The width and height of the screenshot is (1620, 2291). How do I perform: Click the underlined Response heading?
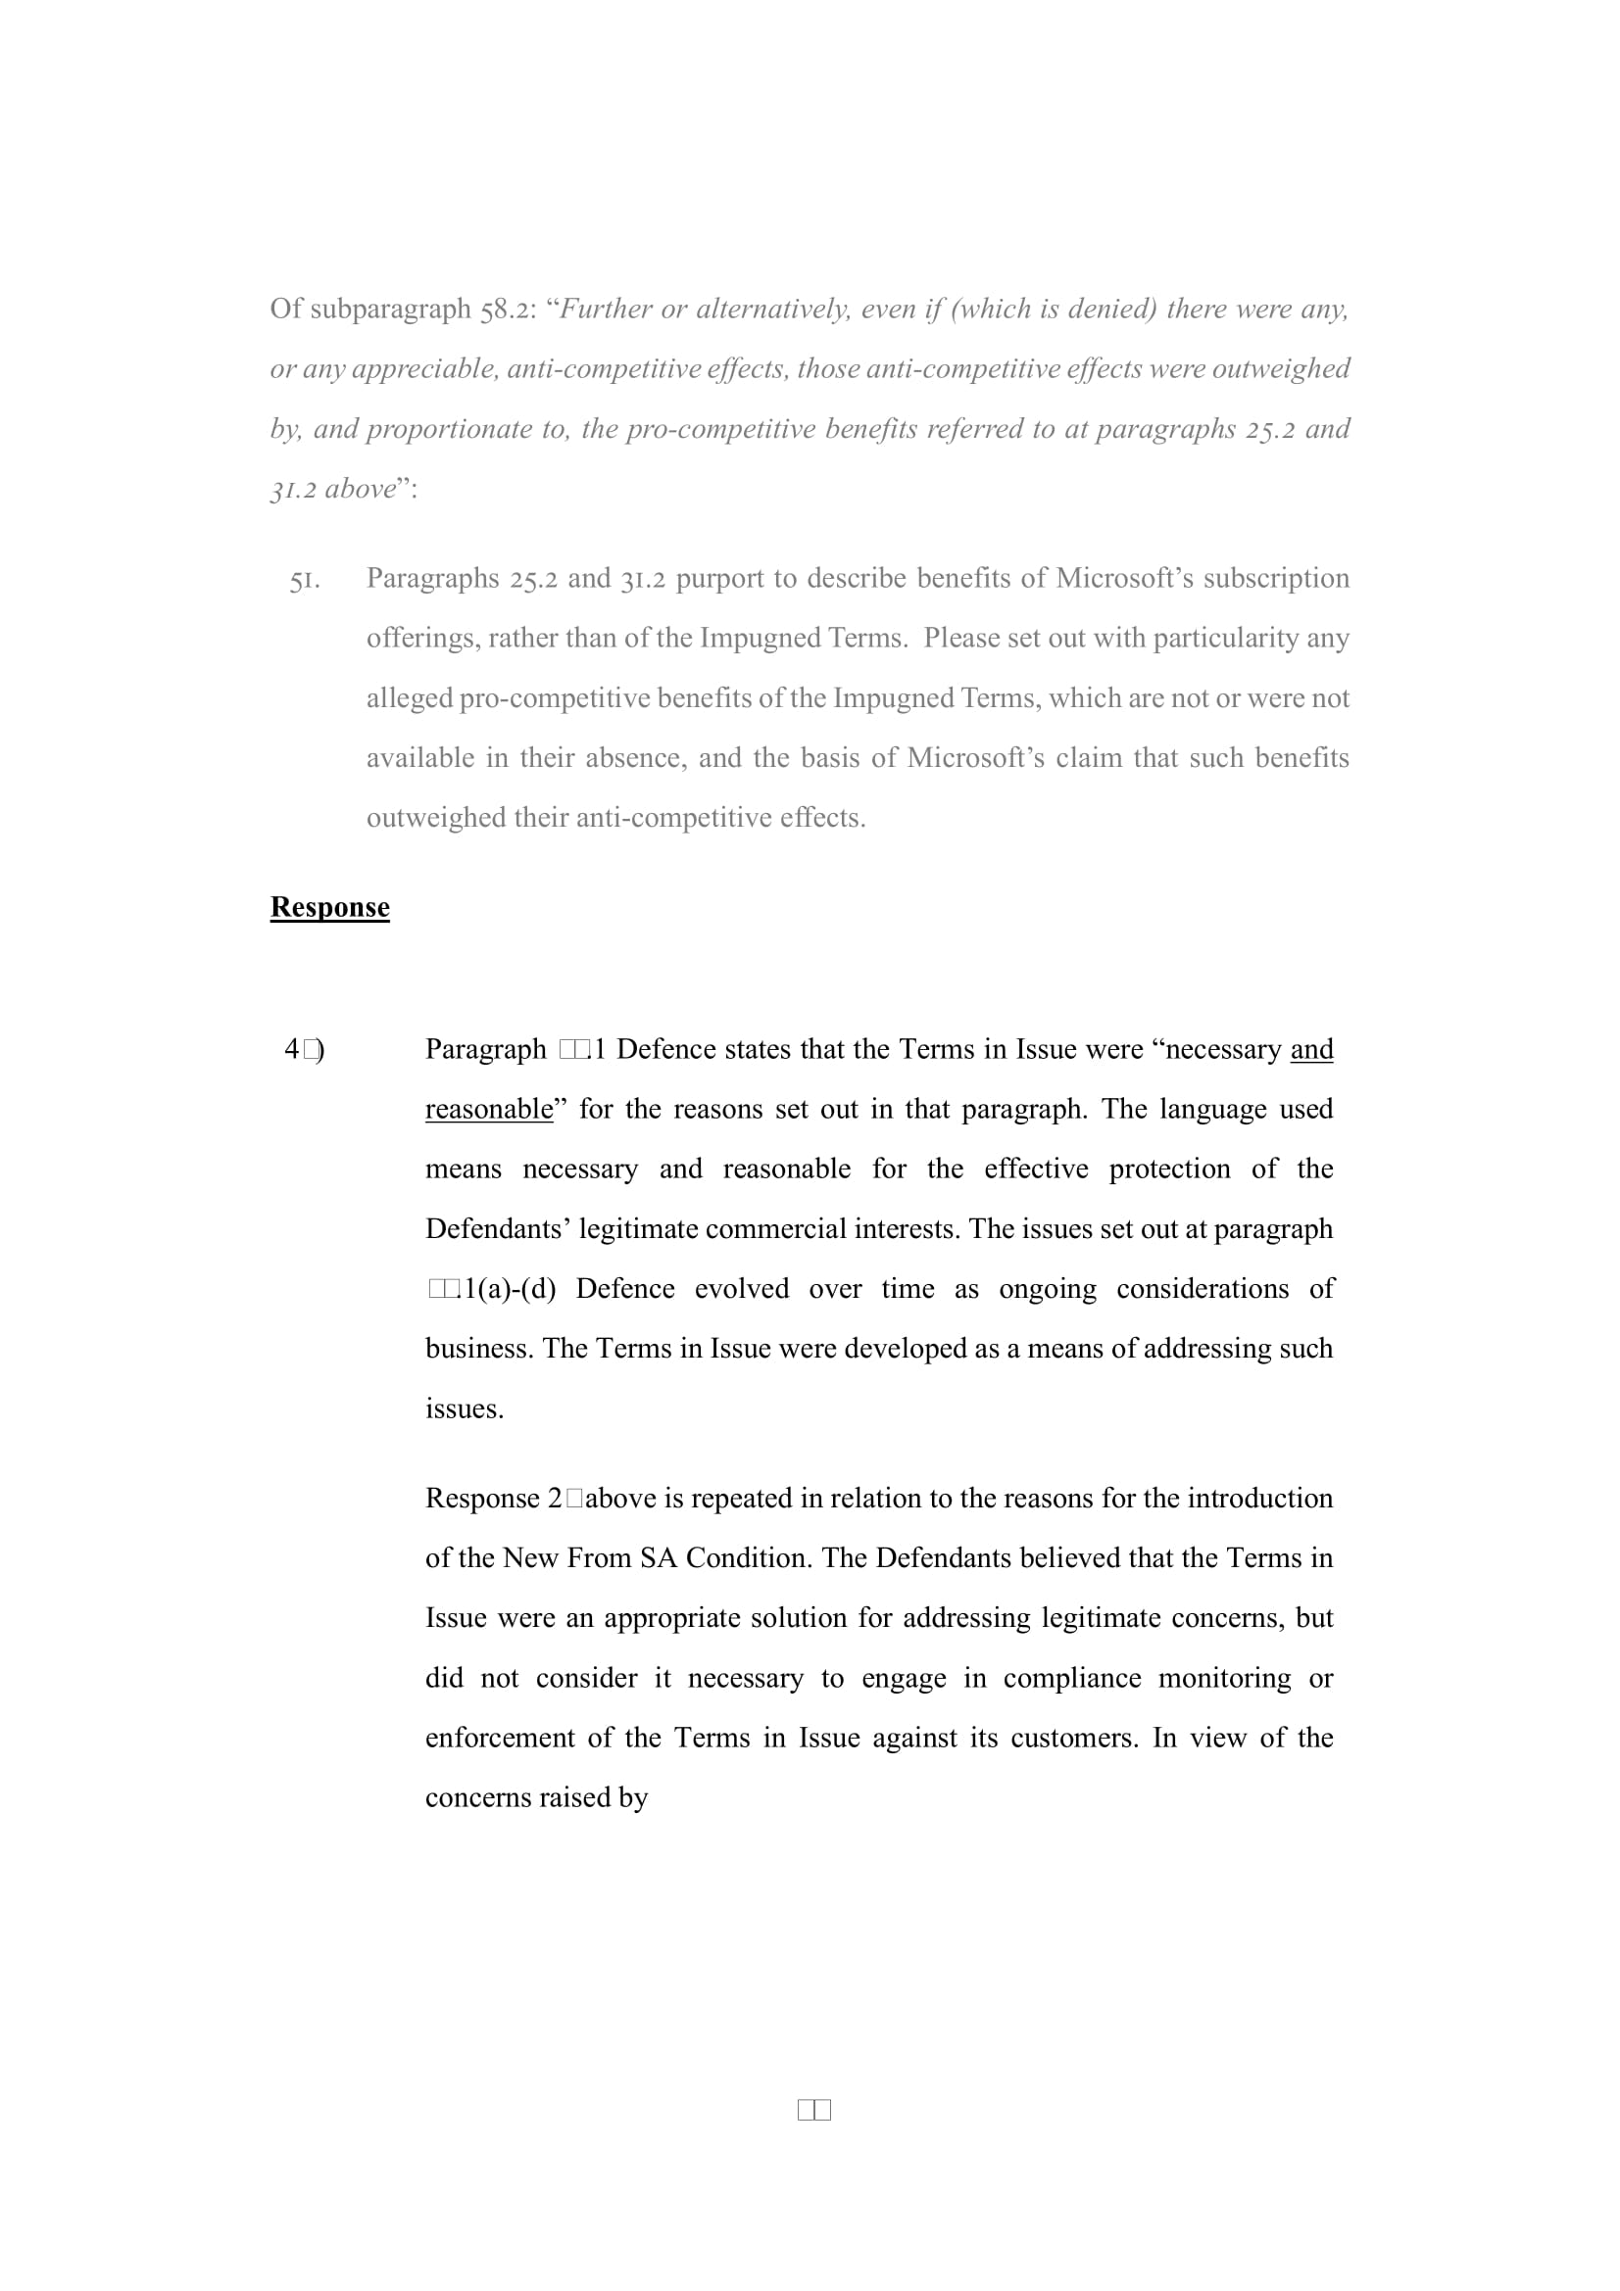click(x=329, y=907)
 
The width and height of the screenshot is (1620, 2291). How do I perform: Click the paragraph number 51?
click(x=305, y=580)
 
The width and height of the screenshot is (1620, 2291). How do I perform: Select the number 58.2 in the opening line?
click(x=508, y=310)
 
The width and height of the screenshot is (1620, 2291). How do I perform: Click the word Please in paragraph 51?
click(x=960, y=639)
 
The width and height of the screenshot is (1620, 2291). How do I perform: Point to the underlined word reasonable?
click(x=489, y=1110)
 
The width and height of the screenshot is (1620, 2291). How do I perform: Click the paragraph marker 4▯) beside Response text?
click(x=305, y=1050)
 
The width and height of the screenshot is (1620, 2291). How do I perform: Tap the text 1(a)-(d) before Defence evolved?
click(x=509, y=1289)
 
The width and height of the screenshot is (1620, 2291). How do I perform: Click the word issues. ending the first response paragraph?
click(x=465, y=1408)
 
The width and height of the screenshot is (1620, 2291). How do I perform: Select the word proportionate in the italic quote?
click(x=449, y=429)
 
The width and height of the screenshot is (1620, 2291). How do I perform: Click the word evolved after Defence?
click(x=742, y=1289)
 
